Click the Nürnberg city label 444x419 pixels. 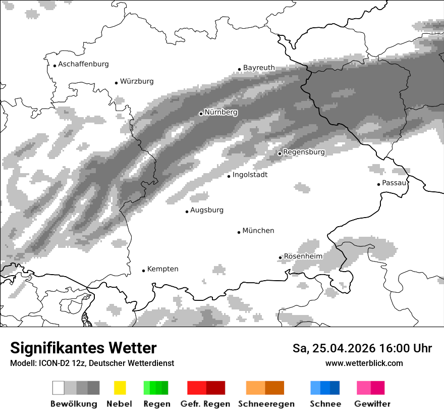point(220,112)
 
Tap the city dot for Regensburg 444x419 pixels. point(280,153)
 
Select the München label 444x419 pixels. point(258,231)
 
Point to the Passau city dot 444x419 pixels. point(378,184)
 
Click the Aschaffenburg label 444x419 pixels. point(83,64)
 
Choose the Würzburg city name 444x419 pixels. point(137,81)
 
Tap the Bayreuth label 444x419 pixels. point(259,68)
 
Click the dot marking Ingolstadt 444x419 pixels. point(229,176)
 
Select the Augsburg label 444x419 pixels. point(207,210)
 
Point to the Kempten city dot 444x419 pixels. point(143,271)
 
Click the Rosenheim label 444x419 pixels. point(303,256)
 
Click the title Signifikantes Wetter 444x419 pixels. point(83,348)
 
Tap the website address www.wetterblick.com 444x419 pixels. point(364,363)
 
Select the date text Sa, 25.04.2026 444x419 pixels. point(334,348)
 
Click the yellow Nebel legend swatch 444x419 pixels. point(120,388)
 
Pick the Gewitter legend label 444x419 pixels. point(372,404)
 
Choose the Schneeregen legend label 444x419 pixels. point(266,404)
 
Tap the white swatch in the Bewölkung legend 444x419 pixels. point(59,388)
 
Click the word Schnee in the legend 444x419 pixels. point(325,404)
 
